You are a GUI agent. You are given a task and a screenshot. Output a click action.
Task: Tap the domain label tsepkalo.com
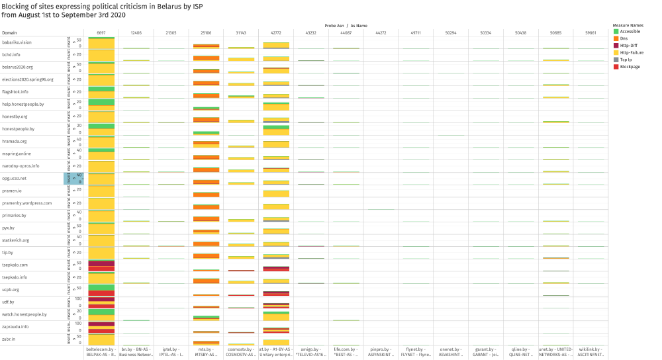coord(15,265)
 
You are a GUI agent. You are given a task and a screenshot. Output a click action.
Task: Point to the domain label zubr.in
coord(9,339)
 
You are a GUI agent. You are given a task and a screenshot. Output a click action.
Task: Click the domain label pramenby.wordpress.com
coord(26,203)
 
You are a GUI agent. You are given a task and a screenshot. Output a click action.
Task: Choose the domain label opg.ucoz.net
coord(15,178)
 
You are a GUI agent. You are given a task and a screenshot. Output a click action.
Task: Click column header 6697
coord(101,32)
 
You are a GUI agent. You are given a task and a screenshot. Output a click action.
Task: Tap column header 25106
coord(206,32)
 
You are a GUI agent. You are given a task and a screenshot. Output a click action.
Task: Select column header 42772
coord(276,32)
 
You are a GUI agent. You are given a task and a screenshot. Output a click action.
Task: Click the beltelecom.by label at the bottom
coord(101,349)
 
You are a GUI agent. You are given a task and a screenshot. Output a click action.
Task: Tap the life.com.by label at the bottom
coord(346,349)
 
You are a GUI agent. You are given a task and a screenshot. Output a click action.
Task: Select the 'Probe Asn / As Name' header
coord(346,25)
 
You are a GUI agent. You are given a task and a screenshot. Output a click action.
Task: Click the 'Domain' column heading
coord(9,32)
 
